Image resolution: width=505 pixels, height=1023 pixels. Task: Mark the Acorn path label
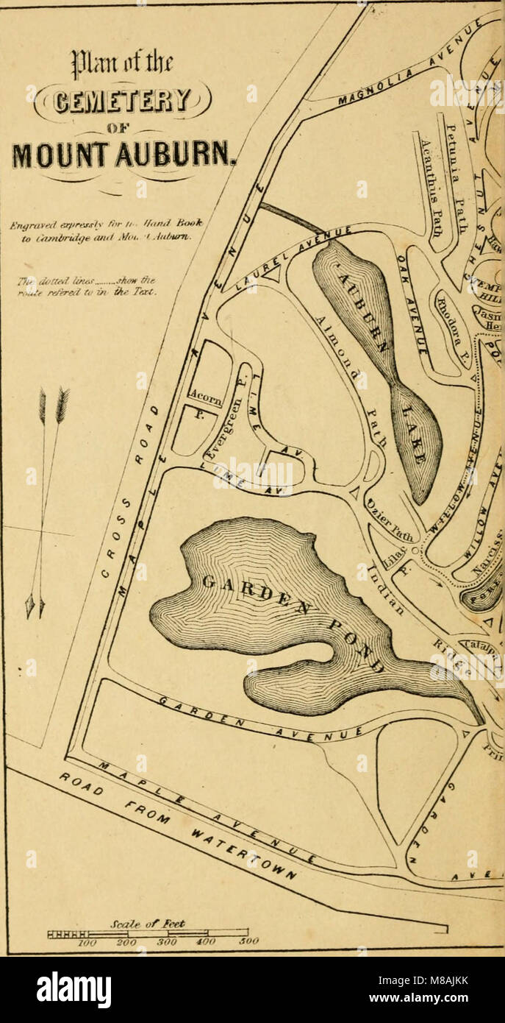pos(206,398)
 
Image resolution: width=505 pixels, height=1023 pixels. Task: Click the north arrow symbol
pos(46,500)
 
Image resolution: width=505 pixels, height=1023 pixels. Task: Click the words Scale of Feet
pos(158,923)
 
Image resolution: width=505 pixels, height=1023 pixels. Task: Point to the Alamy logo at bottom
pos(74,990)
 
